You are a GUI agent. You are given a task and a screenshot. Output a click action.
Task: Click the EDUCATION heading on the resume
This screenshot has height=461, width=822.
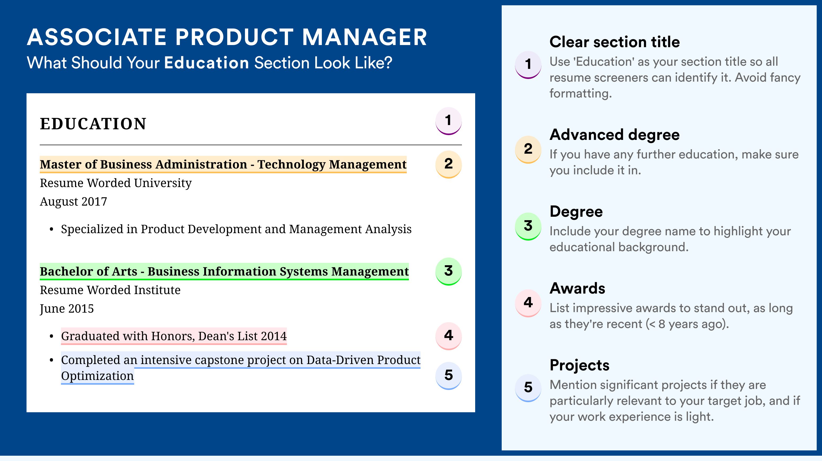(x=93, y=124)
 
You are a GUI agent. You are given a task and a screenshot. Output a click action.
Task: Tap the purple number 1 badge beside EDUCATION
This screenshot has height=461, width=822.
(x=448, y=121)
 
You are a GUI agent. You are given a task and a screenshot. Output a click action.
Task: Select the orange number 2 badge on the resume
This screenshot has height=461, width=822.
(x=448, y=164)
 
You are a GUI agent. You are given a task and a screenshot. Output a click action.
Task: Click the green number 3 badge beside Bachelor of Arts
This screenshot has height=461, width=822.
(x=448, y=271)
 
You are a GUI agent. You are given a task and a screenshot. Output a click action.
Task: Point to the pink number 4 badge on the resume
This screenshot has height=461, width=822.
(x=448, y=336)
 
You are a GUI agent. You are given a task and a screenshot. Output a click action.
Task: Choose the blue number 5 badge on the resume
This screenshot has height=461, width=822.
(x=448, y=376)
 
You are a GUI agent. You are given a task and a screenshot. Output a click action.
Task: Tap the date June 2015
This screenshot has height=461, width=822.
(x=67, y=309)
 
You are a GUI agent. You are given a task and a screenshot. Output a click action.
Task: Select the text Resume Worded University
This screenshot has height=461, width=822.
(x=116, y=183)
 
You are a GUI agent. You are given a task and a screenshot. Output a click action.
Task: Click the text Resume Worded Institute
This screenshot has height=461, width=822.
(x=110, y=290)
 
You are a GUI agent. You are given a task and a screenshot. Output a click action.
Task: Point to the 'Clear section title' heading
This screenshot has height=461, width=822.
(x=615, y=42)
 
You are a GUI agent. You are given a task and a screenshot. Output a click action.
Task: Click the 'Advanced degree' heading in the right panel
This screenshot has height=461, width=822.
(x=615, y=135)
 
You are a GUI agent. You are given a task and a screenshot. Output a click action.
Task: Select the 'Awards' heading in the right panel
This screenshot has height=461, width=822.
(x=577, y=289)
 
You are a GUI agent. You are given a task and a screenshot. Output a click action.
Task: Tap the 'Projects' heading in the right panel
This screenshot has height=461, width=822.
(x=579, y=365)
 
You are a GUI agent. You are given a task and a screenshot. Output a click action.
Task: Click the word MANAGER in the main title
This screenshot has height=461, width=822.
(x=364, y=37)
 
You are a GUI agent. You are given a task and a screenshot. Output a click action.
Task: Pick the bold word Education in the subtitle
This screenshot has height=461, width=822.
(x=207, y=63)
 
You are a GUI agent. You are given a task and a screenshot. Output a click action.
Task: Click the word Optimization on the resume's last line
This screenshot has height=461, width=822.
(x=97, y=376)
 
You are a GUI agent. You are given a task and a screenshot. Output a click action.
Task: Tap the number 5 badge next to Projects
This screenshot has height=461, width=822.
(x=528, y=388)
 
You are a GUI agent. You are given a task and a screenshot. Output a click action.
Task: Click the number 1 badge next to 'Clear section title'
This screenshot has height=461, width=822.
(x=528, y=64)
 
